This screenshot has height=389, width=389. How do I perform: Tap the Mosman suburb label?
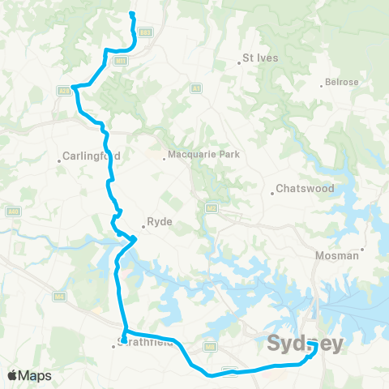(x=336, y=255)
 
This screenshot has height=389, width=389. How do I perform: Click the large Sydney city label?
(x=306, y=344)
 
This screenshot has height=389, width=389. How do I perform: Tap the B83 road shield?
(x=145, y=32)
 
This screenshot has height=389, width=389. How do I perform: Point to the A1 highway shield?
(x=195, y=88)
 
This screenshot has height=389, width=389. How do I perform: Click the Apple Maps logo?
(x=28, y=375)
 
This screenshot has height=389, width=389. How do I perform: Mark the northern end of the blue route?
(x=131, y=14)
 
